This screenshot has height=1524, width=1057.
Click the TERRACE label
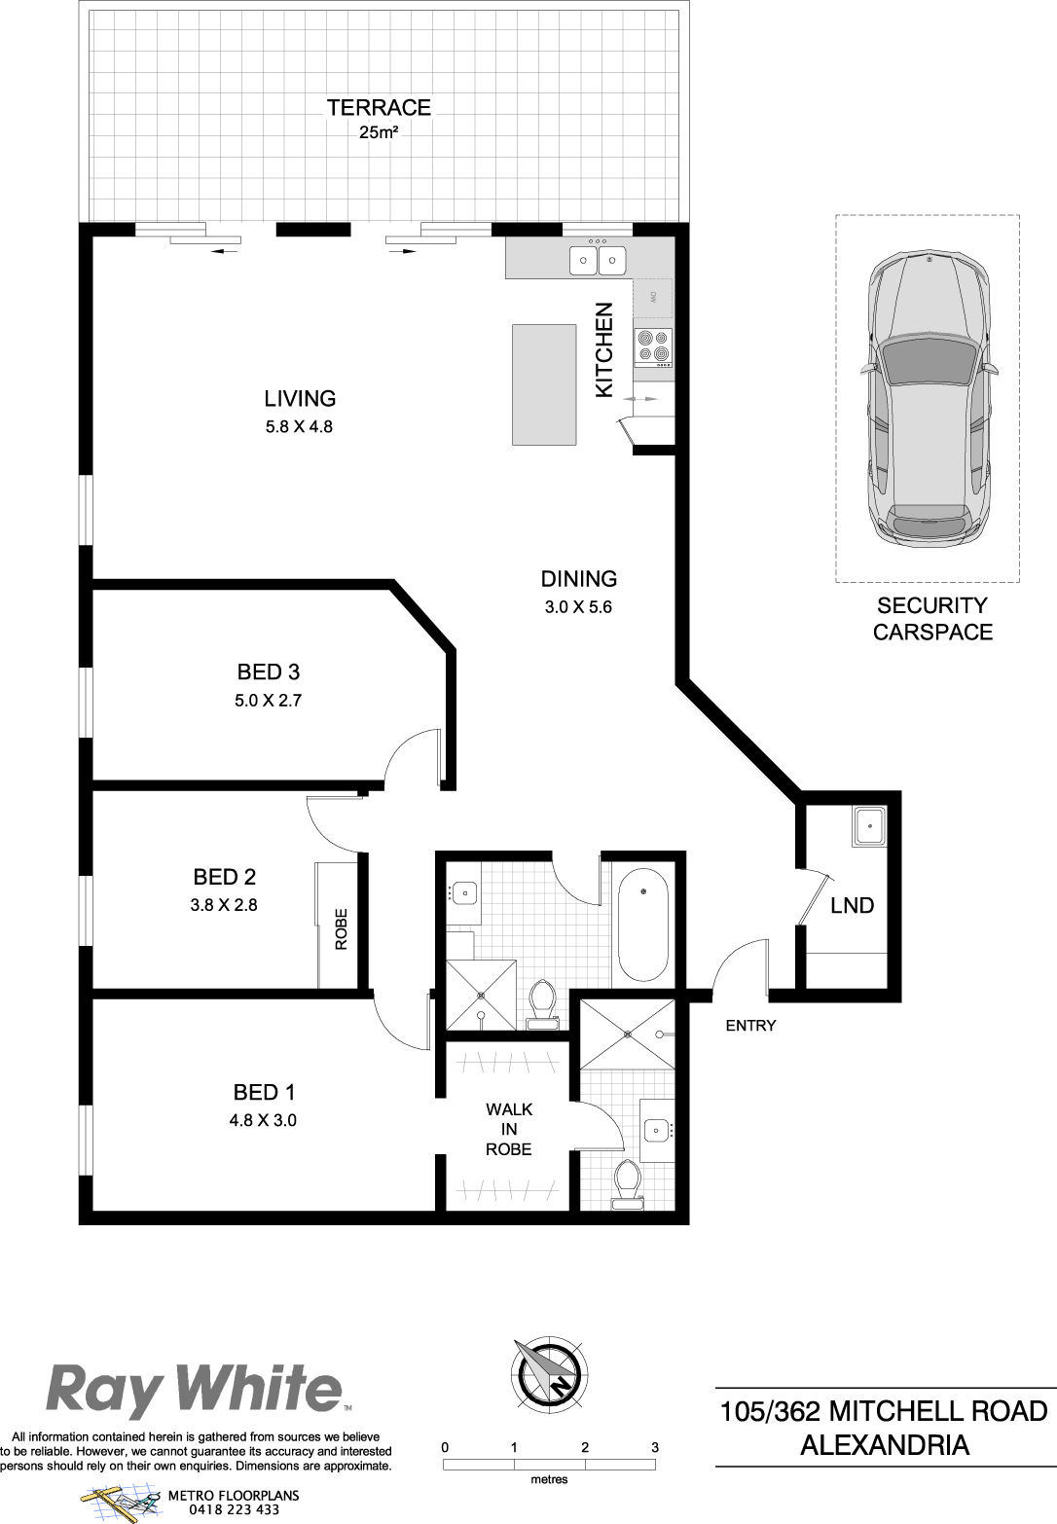[x=379, y=107]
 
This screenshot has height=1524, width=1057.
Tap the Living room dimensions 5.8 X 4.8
[x=299, y=426]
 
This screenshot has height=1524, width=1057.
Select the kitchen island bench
[x=544, y=384]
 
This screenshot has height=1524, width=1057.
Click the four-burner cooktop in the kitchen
[x=653, y=347]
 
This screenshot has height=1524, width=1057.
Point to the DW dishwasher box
[x=653, y=298]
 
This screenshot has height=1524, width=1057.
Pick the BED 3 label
[x=269, y=672]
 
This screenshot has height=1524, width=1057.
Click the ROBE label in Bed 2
[x=341, y=929]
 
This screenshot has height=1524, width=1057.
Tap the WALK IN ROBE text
[x=508, y=1129]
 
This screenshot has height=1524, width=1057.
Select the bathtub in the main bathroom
[x=643, y=924]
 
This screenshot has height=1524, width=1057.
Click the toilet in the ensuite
[x=627, y=1183]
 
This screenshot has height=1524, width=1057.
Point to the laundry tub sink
[x=869, y=826]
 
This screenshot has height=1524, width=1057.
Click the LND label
[x=853, y=906]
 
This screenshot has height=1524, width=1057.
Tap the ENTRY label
[x=750, y=1026]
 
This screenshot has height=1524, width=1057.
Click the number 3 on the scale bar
[x=655, y=1447]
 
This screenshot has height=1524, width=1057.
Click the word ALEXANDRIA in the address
[x=885, y=1445]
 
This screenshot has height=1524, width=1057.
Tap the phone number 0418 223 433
[x=235, y=1509]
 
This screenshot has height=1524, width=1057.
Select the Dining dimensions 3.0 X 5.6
[x=578, y=607]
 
